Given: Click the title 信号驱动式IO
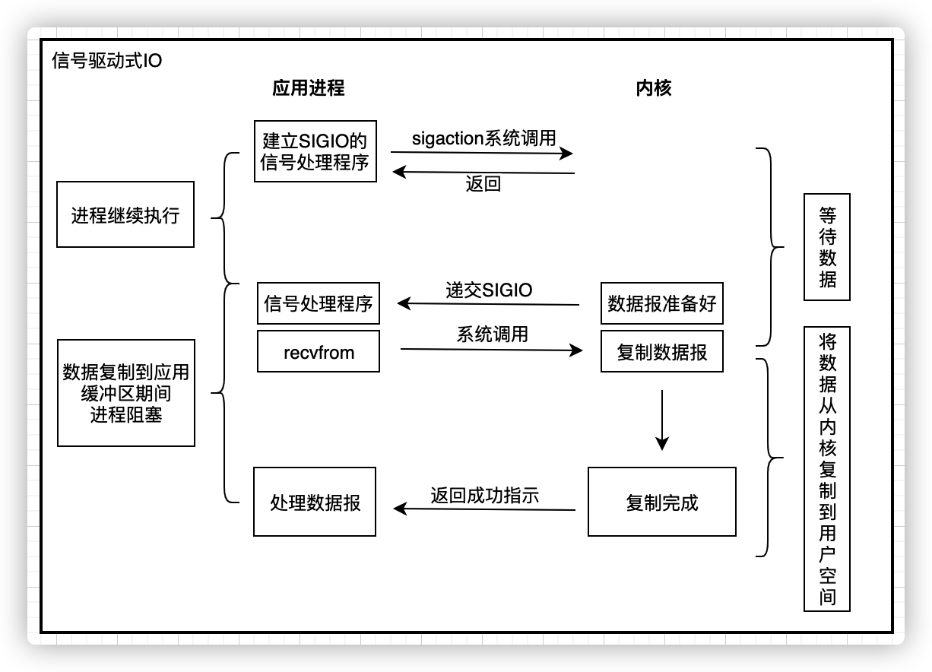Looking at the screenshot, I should [x=106, y=61].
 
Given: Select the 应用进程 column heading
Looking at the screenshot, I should [x=308, y=88].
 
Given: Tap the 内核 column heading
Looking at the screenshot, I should [x=653, y=88].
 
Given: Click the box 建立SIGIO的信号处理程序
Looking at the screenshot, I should [x=315, y=151].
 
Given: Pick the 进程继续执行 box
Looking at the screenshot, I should [x=125, y=214].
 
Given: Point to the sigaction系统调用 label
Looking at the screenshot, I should [x=483, y=138].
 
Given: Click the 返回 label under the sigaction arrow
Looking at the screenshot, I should [x=483, y=184].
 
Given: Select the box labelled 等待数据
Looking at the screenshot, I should [x=827, y=247].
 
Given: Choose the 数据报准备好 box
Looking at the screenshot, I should [x=661, y=304].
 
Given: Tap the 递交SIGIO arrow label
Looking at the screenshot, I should [x=489, y=290].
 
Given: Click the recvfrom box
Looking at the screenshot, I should [x=319, y=351].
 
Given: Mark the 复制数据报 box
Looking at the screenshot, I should [x=661, y=351].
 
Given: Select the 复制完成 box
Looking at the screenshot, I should [x=661, y=502].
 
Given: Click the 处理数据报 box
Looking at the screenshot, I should [x=315, y=502].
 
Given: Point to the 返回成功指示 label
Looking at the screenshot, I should [x=484, y=496].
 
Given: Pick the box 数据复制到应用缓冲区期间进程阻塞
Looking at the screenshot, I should [x=125, y=393].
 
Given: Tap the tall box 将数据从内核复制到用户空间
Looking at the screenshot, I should [x=827, y=468].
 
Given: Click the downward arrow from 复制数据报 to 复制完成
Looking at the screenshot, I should [x=661, y=420].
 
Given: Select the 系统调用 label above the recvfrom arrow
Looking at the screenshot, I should [x=492, y=334].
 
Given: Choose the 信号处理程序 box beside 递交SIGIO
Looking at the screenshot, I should [x=319, y=304].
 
